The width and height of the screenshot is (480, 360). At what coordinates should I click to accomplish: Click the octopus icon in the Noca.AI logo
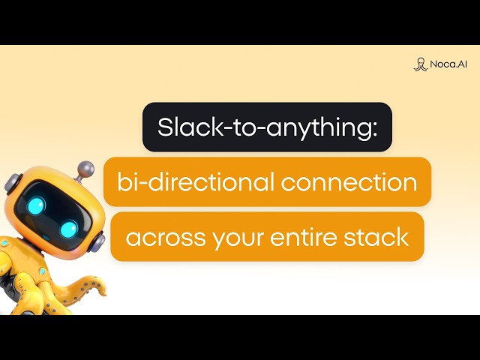[x=420, y=64]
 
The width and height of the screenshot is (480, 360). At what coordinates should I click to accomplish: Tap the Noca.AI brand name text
[x=448, y=64]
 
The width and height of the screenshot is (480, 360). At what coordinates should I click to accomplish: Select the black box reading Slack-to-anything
[x=267, y=127]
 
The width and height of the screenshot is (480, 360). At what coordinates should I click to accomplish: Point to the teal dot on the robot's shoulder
[x=42, y=270]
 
